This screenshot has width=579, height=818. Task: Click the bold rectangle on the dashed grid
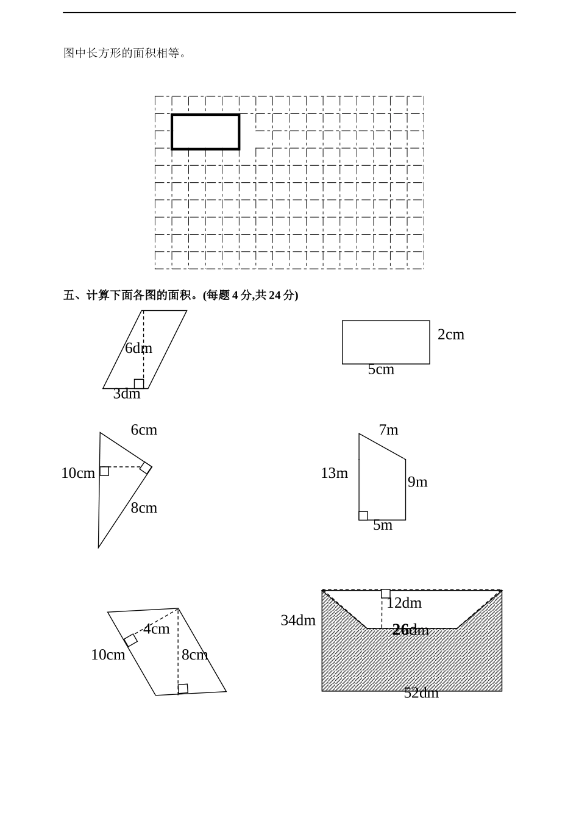coord(205,132)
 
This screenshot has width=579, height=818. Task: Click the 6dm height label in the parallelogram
coord(138,348)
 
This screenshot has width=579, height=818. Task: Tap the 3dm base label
coord(127,394)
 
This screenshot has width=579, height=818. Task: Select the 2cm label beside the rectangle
coord(451,334)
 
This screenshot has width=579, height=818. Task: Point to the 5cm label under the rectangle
coord(381,369)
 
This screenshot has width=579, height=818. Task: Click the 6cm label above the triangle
coord(144,430)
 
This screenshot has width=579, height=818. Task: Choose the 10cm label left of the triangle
coord(78,473)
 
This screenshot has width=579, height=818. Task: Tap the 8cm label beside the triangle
coord(144,508)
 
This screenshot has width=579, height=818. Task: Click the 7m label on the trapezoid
coord(388,430)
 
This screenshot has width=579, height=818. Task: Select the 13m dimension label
coord(334,473)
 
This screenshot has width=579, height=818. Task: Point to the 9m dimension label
coord(417,482)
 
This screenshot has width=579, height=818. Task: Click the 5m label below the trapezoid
coord(383,525)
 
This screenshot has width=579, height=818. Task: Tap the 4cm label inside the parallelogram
coord(157,629)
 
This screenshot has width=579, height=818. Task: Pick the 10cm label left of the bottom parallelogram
coord(108,655)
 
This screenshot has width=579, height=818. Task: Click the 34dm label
coord(298,621)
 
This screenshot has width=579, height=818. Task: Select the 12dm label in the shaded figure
coord(404,603)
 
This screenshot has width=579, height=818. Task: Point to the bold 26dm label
coord(410,630)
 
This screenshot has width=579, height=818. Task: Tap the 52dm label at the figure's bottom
coord(421,693)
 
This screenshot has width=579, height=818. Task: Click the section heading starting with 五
coord(181,295)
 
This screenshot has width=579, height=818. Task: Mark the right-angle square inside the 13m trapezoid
coord(363,516)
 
